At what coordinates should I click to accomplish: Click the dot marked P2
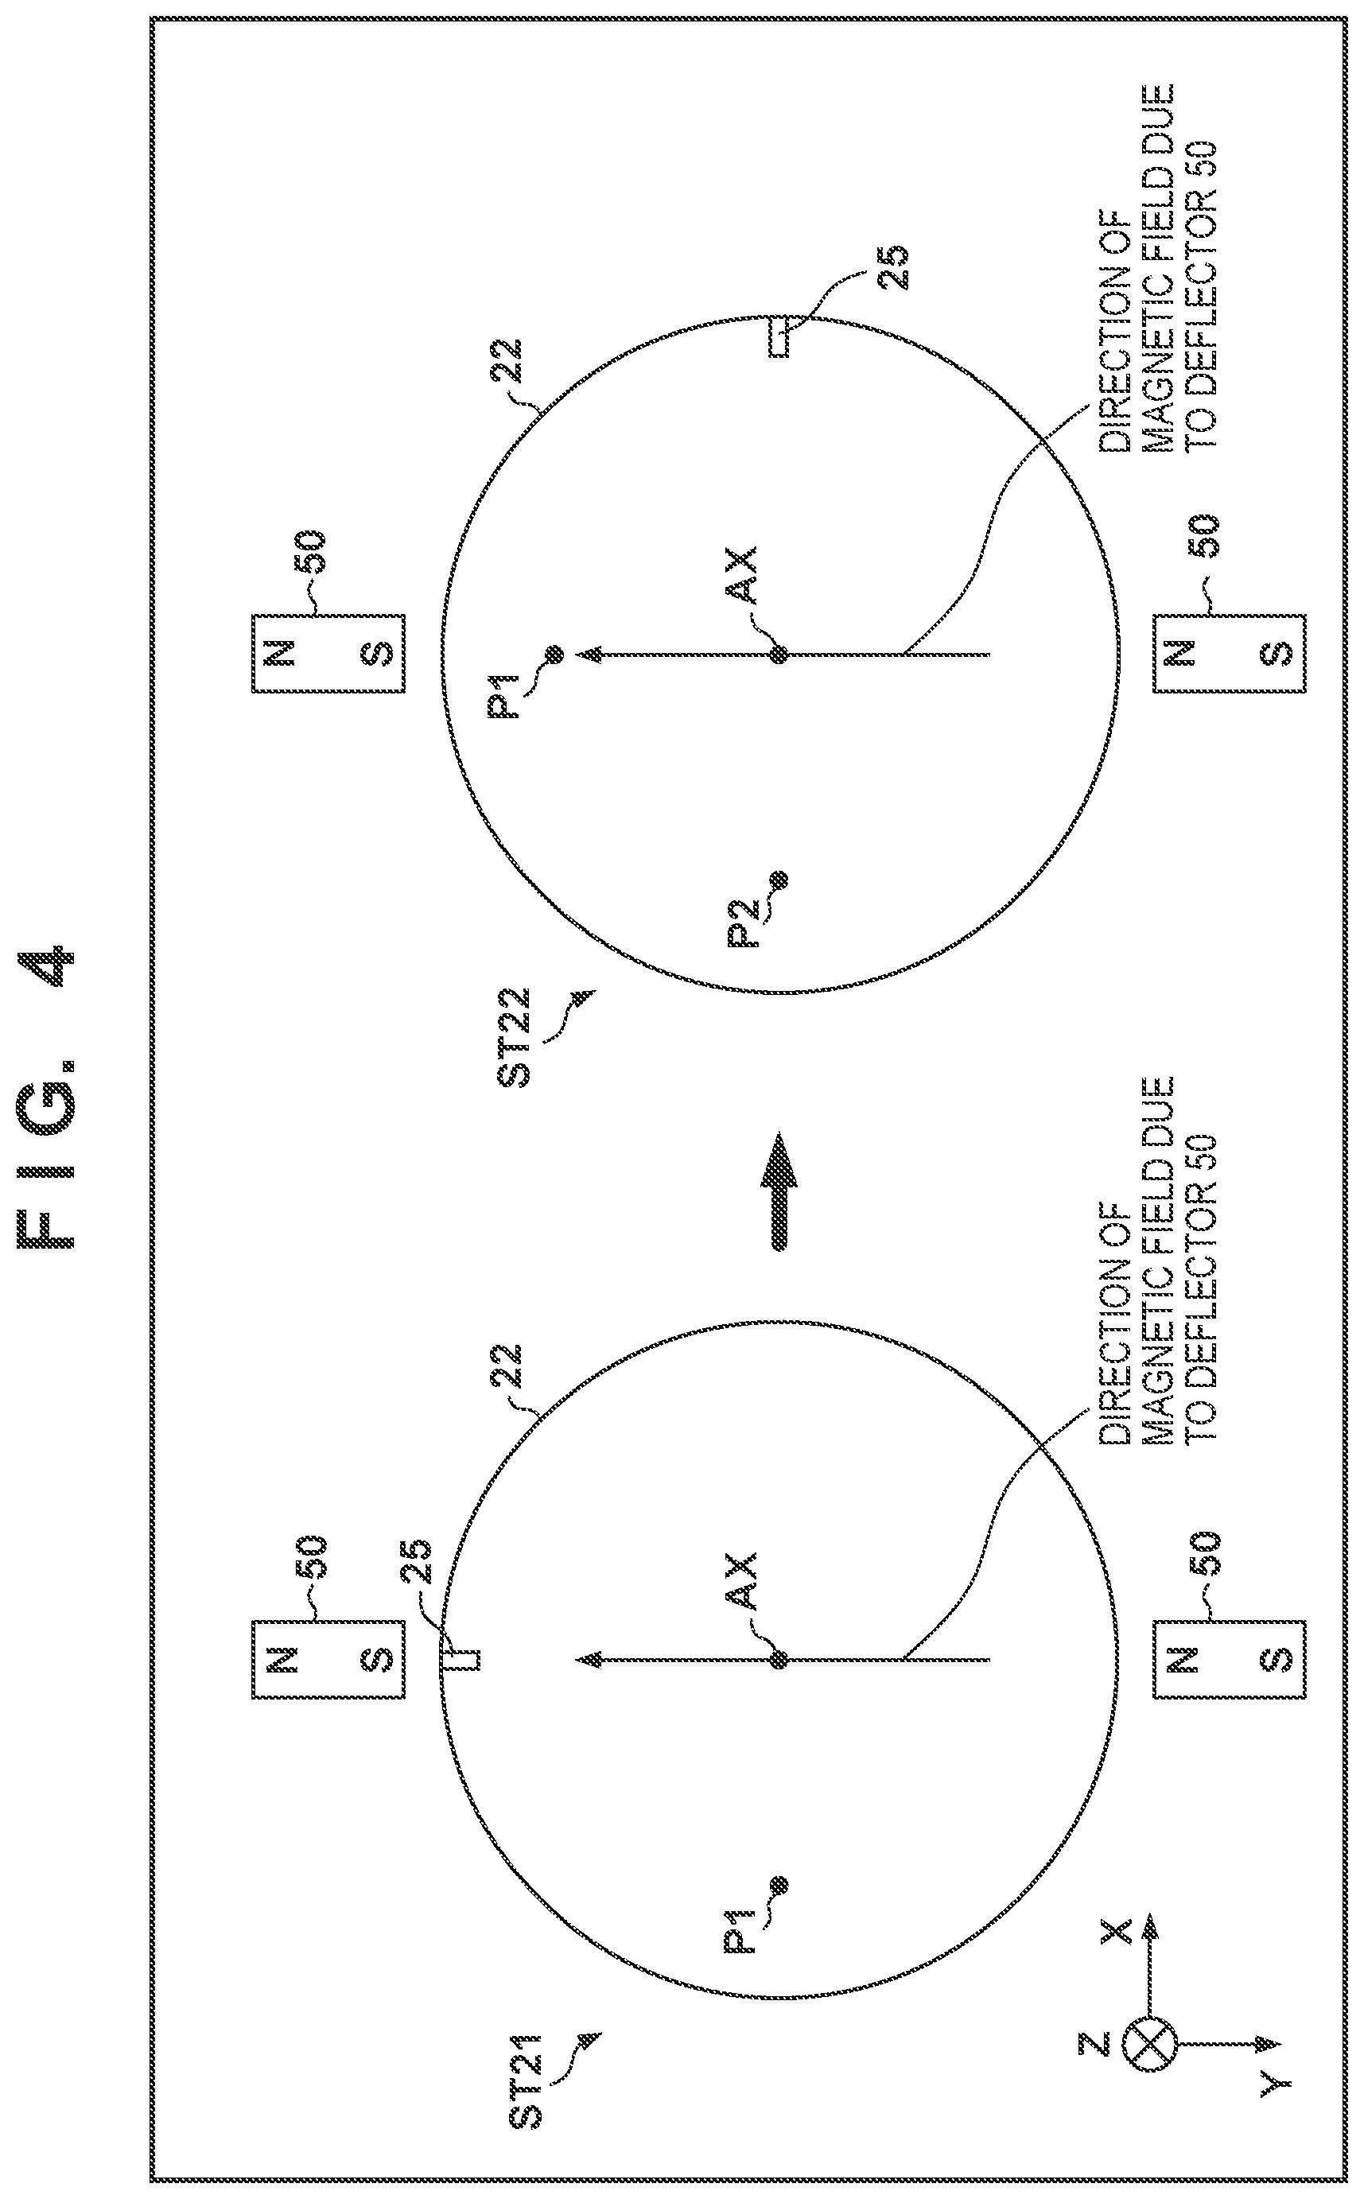(779, 879)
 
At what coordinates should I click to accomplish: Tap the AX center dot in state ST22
(779, 653)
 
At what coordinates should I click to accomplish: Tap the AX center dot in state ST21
(779, 1659)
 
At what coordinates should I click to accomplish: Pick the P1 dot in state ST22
(553, 653)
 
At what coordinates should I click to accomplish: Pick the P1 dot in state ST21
(779, 1884)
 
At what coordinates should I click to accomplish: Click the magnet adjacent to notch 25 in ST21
(328, 1659)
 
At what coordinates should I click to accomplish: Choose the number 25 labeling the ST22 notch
(892, 267)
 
